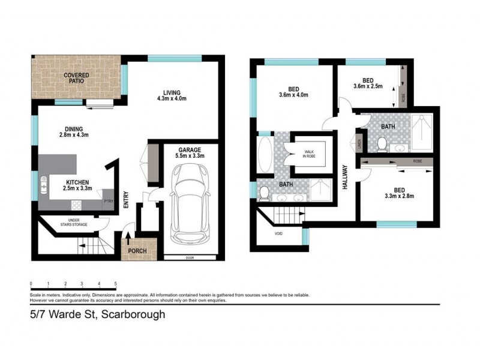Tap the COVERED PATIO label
(77, 79)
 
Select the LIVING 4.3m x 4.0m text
(172, 95)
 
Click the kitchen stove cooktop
(77, 205)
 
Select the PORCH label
(139, 251)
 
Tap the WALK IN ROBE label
(310, 154)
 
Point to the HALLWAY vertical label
(346, 178)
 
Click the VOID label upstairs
(278, 233)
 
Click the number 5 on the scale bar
(115, 284)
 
